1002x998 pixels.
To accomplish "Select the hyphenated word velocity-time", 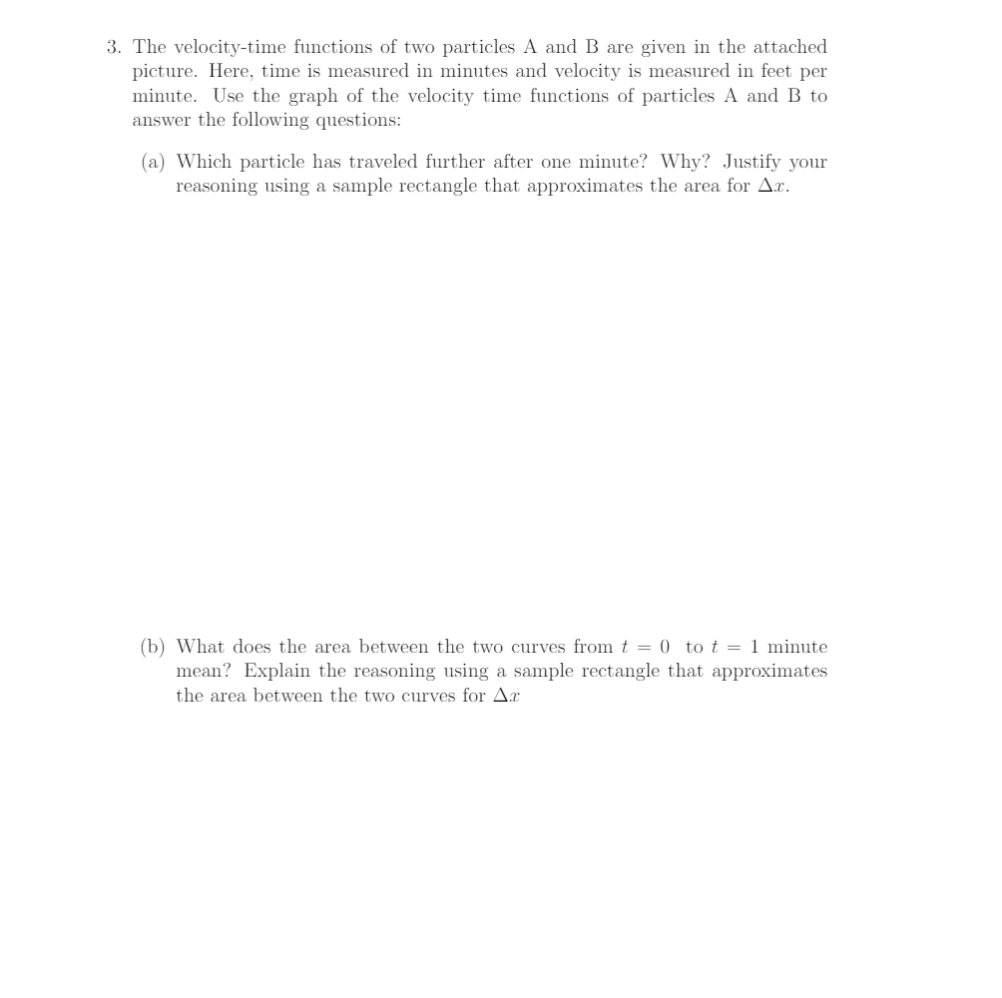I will click(x=230, y=47).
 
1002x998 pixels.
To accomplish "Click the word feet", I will click(x=771, y=72).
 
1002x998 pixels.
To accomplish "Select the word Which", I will click(x=203, y=162).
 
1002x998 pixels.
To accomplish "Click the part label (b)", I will click(x=153, y=647).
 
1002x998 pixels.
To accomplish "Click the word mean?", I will click(x=204, y=672).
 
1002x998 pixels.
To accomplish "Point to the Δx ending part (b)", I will click(x=507, y=696).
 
